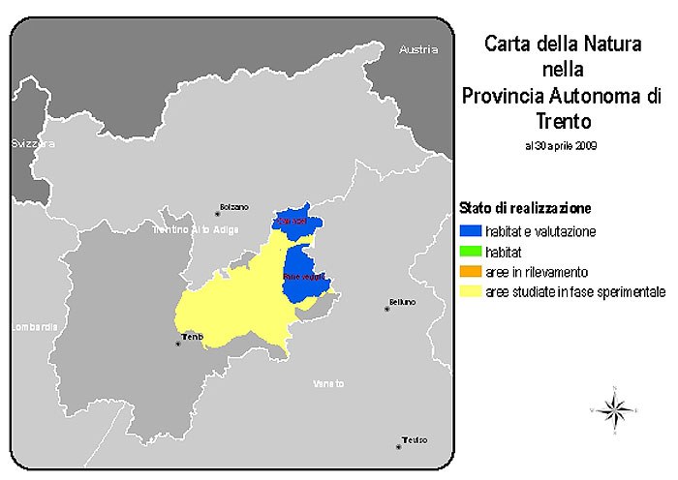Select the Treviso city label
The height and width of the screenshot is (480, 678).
[414, 439]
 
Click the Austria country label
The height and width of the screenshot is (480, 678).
[418, 49]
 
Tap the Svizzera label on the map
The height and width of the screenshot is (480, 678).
[33, 143]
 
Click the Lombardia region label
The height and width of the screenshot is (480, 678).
[28, 326]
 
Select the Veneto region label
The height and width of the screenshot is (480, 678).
[328, 384]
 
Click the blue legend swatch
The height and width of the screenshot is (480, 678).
[469, 232]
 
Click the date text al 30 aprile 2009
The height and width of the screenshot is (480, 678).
[561, 146]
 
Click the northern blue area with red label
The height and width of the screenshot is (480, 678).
[293, 220]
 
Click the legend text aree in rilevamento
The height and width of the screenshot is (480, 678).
[537, 272]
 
